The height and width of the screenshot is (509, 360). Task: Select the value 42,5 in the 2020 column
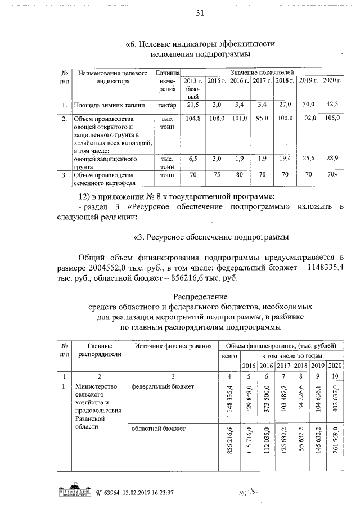tap(332, 105)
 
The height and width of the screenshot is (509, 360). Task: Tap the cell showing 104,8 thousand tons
tap(193, 119)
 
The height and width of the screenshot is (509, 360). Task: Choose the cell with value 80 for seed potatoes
tap(239, 175)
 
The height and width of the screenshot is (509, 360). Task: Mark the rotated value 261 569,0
tap(336, 448)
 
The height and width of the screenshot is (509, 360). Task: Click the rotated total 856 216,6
tap(229, 448)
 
